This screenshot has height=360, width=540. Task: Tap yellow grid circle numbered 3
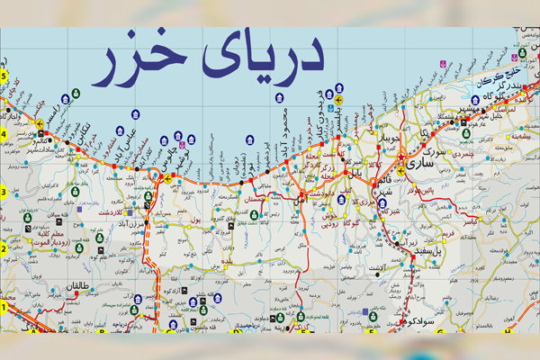pyautogui.click(x=4, y=192)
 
